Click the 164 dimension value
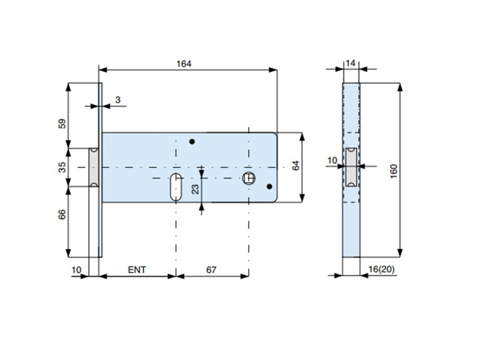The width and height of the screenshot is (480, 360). (184, 64)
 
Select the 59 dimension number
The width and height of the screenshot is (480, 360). (62, 124)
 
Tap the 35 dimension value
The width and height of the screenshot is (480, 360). (62, 167)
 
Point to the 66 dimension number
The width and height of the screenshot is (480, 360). (62, 214)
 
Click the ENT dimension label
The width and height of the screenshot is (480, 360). (136, 270)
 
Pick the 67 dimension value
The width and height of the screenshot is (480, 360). (211, 270)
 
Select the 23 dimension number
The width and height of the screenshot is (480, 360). (195, 189)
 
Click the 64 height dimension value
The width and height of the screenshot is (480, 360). (295, 166)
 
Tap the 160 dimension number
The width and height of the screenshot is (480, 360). (394, 172)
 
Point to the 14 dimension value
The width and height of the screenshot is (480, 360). (350, 63)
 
